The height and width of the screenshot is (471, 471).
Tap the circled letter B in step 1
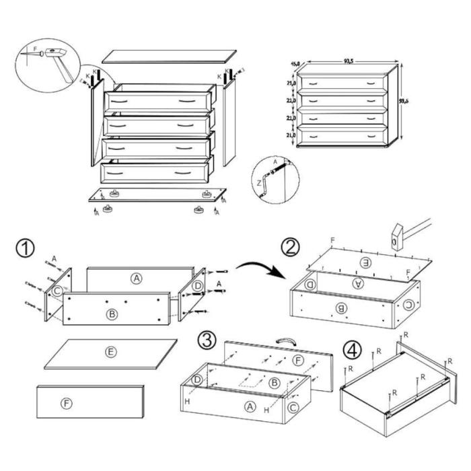(111, 314)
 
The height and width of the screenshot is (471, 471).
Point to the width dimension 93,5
(349, 61)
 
